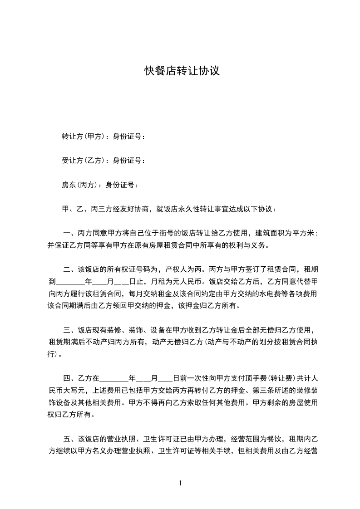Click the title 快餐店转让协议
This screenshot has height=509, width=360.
click(x=182, y=71)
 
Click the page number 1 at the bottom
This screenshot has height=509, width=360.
click(x=180, y=483)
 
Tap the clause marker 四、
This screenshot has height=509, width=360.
click(x=70, y=377)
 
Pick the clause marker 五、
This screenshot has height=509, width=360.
click(x=70, y=439)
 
